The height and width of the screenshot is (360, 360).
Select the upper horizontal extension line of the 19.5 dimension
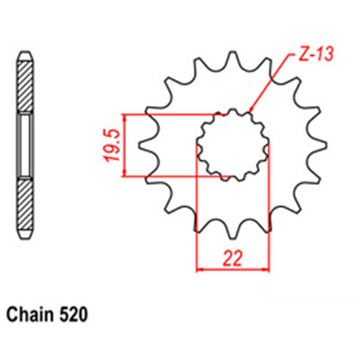(x=173, y=113)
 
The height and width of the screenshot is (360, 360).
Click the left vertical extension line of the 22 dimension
(x=198, y=216)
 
